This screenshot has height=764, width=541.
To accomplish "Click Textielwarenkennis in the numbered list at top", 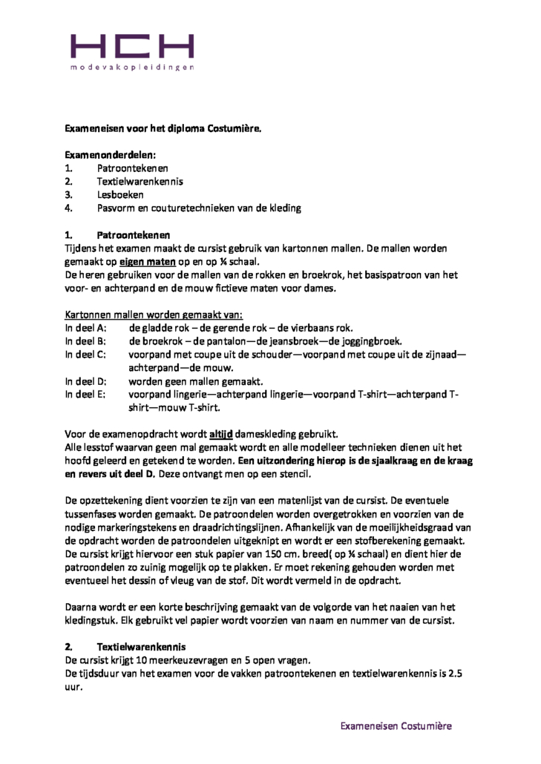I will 140,181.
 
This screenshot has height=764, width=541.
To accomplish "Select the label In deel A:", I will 87,328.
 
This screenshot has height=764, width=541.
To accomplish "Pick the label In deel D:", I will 87,381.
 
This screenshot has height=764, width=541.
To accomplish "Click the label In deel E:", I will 86,395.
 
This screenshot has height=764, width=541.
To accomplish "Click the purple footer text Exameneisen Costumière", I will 396,726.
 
